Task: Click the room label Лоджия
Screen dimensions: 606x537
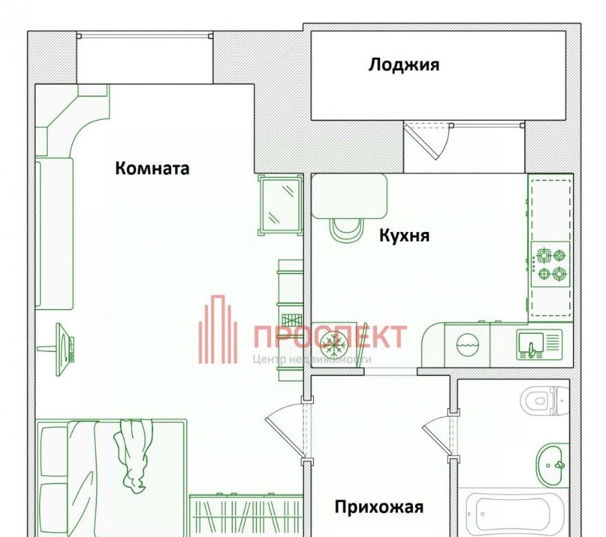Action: (x=404, y=65)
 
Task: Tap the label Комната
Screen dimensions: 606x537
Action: (x=152, y=168)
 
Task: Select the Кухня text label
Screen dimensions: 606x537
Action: (x=404, y=235)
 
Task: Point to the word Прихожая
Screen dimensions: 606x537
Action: (x=379, y=507)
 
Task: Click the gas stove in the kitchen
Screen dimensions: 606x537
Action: (x=550, y=264)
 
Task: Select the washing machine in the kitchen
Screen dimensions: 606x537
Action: (x=467, y=344)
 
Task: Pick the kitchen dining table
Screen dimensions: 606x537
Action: (x=349, y=196)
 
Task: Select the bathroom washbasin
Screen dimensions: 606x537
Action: (x=552, y=465)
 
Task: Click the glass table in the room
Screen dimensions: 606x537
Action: (x=280, y=204)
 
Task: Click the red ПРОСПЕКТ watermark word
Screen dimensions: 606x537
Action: (x=330, y=336)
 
